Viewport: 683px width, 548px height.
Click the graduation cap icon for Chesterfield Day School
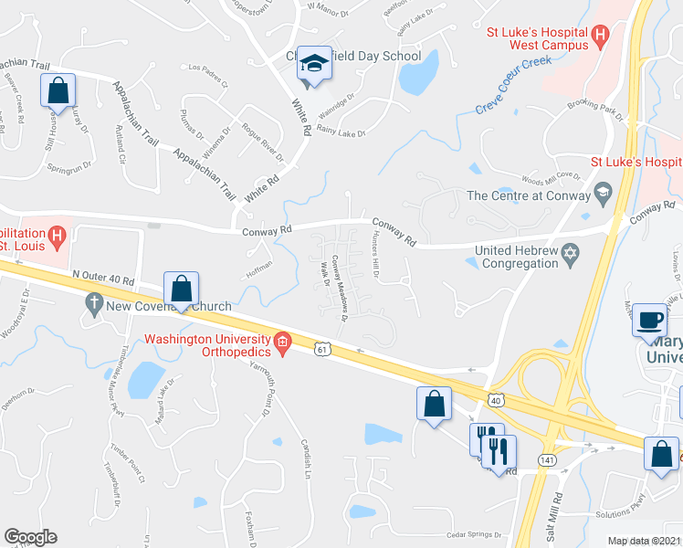[314, 64]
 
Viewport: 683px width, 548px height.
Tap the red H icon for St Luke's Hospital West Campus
[600, 37]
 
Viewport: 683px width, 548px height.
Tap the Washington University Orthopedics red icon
[283, 342]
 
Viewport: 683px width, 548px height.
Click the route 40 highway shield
[495, 399]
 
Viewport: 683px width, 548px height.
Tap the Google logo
[30, 537]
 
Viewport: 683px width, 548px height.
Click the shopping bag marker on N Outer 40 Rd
[182, 290]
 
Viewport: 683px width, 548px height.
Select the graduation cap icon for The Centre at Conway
[602, 194]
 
